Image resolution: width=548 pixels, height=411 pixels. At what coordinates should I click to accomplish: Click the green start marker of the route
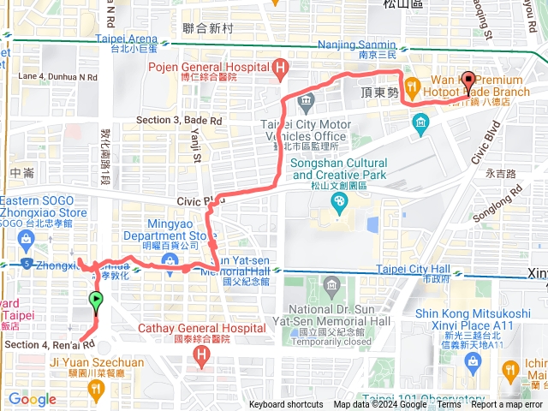[96, 301]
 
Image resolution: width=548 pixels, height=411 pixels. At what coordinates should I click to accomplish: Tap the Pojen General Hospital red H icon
[279, 68]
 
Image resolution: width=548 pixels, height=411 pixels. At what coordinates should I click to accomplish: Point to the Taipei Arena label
[128, 39]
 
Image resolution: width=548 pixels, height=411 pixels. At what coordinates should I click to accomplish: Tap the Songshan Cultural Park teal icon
[340, 202]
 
